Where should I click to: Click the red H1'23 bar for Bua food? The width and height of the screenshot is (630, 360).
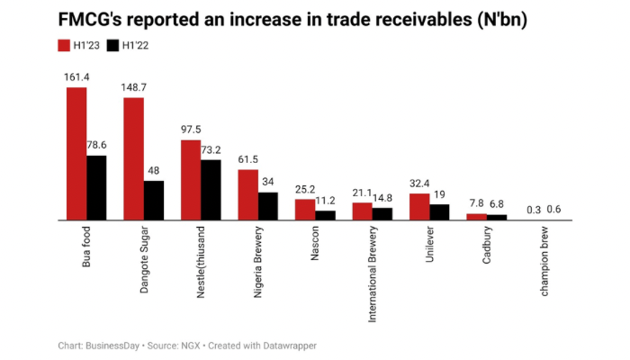(76, 153)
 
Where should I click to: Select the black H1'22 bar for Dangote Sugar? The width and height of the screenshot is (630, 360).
(154, 201)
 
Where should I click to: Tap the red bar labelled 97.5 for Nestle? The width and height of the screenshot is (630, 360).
(191, 180)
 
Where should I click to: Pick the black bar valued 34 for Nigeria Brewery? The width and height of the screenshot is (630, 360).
(268, 206)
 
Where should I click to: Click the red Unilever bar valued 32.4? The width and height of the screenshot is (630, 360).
(419, 207)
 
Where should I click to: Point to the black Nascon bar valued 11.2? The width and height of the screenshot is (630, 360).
(325, 215)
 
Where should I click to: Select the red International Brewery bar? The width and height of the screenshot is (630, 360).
(362, 211)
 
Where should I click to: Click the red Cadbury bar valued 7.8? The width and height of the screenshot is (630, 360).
(476, 217)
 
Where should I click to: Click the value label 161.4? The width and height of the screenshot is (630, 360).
(76, 77)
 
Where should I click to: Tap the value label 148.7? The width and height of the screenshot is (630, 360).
(133, 88)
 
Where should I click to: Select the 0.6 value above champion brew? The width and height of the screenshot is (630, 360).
(554, 211)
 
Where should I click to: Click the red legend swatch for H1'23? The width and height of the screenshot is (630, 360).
(64, 46)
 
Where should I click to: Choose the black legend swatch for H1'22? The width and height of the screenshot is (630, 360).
(112, 46)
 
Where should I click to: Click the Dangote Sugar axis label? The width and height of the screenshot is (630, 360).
(145, 262)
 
